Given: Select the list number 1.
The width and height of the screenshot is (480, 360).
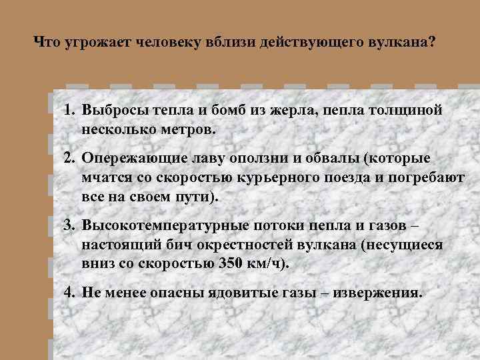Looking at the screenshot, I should [69, 110].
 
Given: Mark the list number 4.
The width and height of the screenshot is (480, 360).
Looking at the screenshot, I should [69, 293].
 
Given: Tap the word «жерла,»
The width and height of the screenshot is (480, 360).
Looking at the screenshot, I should [289, 110].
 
